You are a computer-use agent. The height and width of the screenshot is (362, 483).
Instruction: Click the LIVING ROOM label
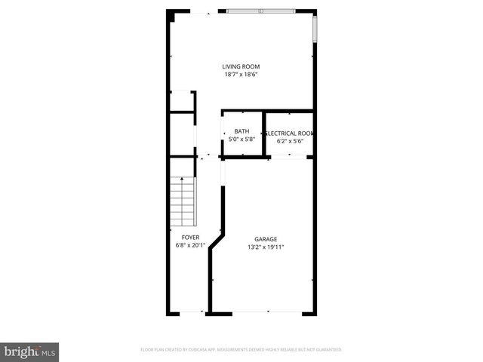point(241,66)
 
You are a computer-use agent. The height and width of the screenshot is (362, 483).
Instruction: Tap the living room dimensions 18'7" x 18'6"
point(241,75)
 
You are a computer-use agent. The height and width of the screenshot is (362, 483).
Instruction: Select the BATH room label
point(241,131)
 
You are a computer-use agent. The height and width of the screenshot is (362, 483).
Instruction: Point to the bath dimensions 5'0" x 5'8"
point(241,139)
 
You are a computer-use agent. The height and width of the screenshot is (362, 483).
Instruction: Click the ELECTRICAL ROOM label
point(290,133)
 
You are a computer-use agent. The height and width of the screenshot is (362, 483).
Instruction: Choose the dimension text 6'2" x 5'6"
point(290,140)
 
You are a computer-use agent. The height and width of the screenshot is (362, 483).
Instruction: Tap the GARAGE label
point(265,238)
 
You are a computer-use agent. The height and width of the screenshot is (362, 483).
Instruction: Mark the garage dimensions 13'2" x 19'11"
point(265,247)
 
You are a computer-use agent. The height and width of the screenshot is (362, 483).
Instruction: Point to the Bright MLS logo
point(30,351)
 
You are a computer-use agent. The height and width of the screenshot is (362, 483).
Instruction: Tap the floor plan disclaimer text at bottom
point(241,350)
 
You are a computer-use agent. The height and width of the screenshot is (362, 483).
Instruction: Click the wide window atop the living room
point(262,11)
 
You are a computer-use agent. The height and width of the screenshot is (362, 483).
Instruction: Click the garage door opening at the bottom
point(263,312)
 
